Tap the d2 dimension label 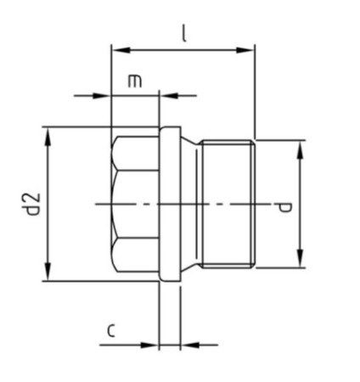pos(33,205)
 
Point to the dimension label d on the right pos(284,205)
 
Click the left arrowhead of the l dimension pos(117,48)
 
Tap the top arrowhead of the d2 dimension pos(48,133)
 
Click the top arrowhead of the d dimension pos(299,147)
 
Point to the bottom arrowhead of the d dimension pos(299,262)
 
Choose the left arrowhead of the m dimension pos(105,95)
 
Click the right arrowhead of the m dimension pos(165,95)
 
